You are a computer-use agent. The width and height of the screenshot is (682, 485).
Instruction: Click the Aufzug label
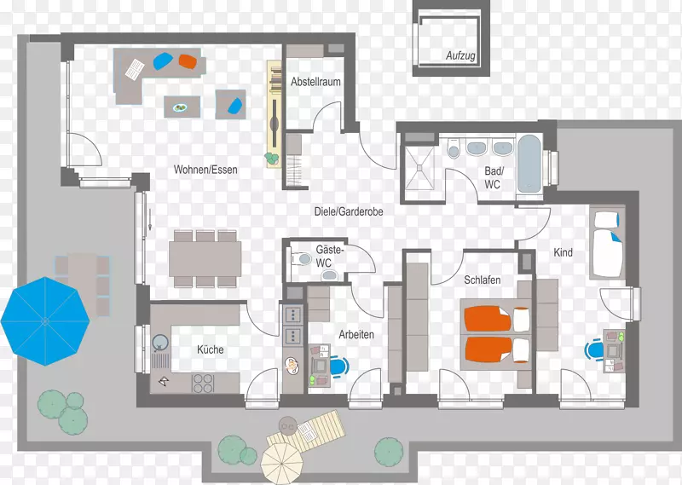(x=460, y=55)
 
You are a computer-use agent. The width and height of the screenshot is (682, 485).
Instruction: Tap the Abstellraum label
(x=315, y=82)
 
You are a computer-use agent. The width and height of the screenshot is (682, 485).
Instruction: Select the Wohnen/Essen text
(x=205, y=170)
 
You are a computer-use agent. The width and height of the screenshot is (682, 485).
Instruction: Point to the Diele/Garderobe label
(x=349, y=212)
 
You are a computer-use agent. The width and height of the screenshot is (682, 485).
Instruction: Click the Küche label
(x=211, y=349)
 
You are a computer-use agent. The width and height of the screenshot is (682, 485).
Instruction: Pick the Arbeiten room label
(x=356, y=334)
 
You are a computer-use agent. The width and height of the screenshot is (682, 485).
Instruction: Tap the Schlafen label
(x=483, y=280)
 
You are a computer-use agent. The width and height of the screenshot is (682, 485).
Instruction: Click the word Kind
(x=563, y=252)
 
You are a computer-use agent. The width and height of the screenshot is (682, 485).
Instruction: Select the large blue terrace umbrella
(x=45, y=321)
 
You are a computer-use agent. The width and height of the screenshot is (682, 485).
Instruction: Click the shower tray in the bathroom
(x=419, y=168)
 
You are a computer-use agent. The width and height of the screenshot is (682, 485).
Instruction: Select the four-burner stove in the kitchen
(x=203, y=384)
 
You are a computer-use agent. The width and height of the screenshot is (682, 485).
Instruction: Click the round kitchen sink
(x=160, y=344)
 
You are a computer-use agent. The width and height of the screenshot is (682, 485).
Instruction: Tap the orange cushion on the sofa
(x=188, y=61)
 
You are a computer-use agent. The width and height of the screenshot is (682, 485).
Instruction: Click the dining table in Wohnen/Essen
(x=205, y=259)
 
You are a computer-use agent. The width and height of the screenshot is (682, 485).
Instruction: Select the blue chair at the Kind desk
(x=594, y=349)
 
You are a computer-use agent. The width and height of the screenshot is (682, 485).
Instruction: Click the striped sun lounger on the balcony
(x=307, y=432)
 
